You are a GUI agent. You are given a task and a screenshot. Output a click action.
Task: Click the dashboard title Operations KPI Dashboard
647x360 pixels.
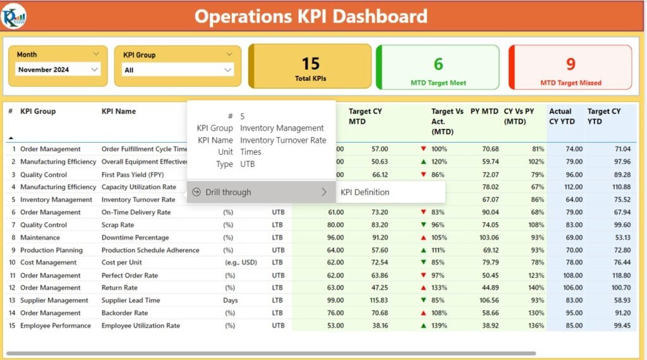click(310, 16)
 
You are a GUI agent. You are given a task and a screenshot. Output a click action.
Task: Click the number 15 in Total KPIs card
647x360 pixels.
click(310, 64)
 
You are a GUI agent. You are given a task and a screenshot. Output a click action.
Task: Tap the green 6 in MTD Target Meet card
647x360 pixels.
click(438, 64)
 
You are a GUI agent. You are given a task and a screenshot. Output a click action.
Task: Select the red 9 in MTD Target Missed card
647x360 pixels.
click(571, 64)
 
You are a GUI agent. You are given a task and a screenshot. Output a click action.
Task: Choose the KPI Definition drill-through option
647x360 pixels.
click(365, 192)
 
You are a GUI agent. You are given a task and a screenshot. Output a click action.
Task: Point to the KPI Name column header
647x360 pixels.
click(119, 111)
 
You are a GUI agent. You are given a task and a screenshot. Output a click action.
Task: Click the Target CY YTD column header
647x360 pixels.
click(603, 116)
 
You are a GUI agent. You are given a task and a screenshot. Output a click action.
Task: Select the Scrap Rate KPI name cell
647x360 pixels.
click(118, 225)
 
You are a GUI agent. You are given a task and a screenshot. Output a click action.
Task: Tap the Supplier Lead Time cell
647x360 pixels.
click(130, 301)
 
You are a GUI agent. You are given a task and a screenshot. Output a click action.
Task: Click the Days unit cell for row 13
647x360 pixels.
click(230, 301)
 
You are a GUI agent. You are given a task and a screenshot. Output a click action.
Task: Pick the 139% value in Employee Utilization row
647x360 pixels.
click(439, 326)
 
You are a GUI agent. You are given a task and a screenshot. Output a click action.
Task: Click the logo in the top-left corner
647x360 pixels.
click(14, 16)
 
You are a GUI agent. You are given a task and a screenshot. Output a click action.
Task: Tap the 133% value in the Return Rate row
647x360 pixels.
click(439, 288)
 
